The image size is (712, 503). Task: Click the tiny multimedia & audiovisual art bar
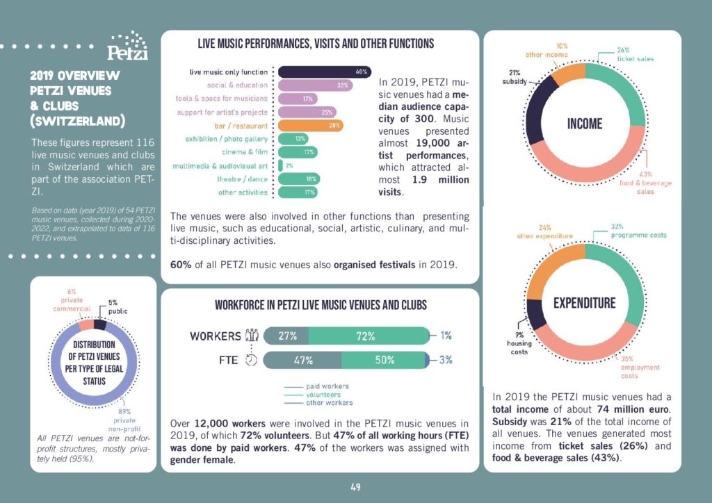(x=280, y=165)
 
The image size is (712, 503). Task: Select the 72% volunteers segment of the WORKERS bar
(x=366, y=336)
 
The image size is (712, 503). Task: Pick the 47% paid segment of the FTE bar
(x=303, y=360)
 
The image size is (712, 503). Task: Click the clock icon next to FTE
(x=252, y=360)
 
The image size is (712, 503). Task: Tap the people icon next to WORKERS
(x=252, y=336)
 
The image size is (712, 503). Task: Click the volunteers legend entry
(x=327, y=394)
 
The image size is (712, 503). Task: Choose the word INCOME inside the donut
(x=584, y=124)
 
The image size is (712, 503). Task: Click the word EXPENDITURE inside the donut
(x=584, y=303)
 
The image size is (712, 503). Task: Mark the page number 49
(x=355, y=487)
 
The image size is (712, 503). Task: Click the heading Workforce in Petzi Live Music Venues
(x=321, y=306)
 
